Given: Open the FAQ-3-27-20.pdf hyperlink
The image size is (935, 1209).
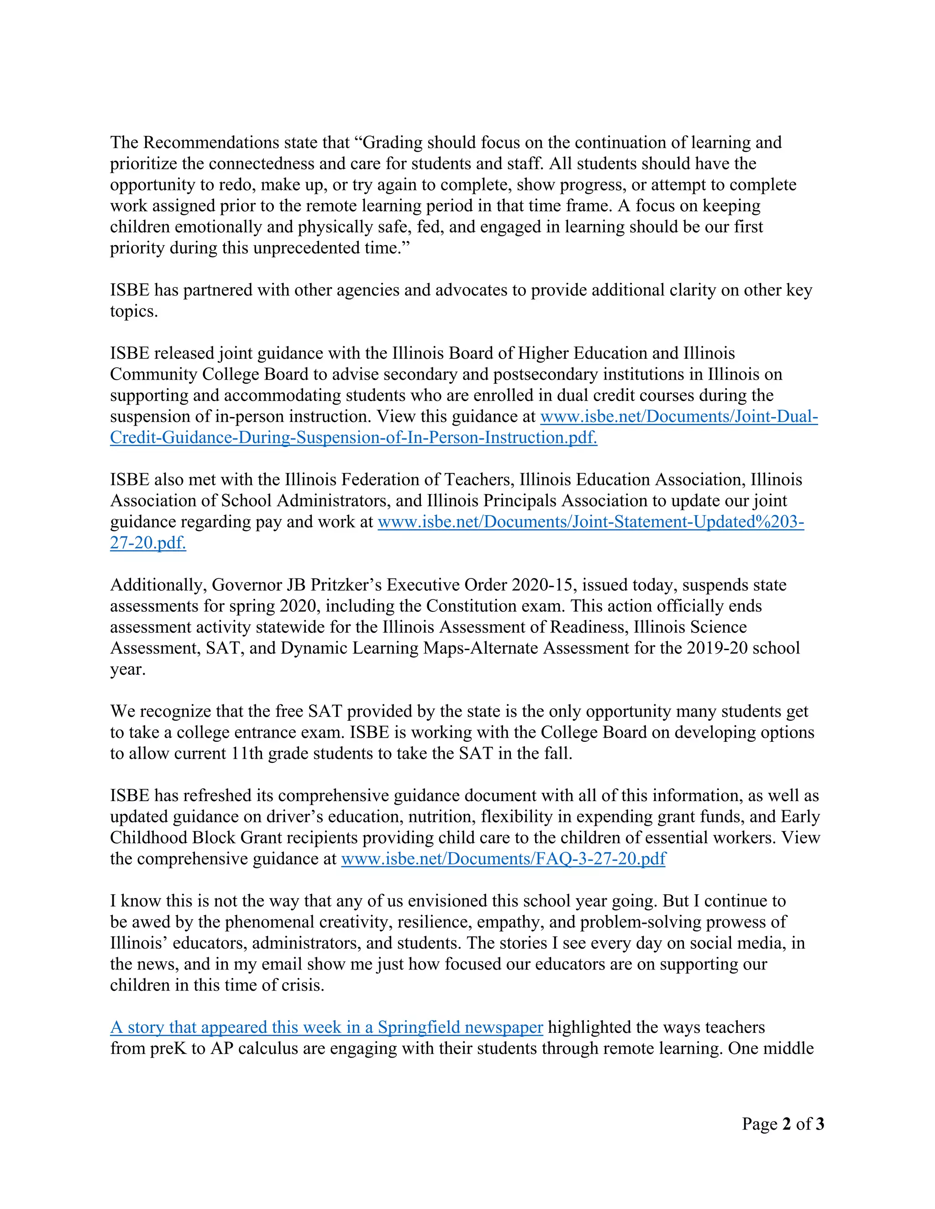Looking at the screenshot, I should pos(503,859).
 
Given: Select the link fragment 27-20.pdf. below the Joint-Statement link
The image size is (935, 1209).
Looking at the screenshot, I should pos(148,543).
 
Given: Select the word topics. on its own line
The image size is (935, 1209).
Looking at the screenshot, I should pos(133,312).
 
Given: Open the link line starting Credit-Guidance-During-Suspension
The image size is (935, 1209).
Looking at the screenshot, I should pos(353,438).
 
